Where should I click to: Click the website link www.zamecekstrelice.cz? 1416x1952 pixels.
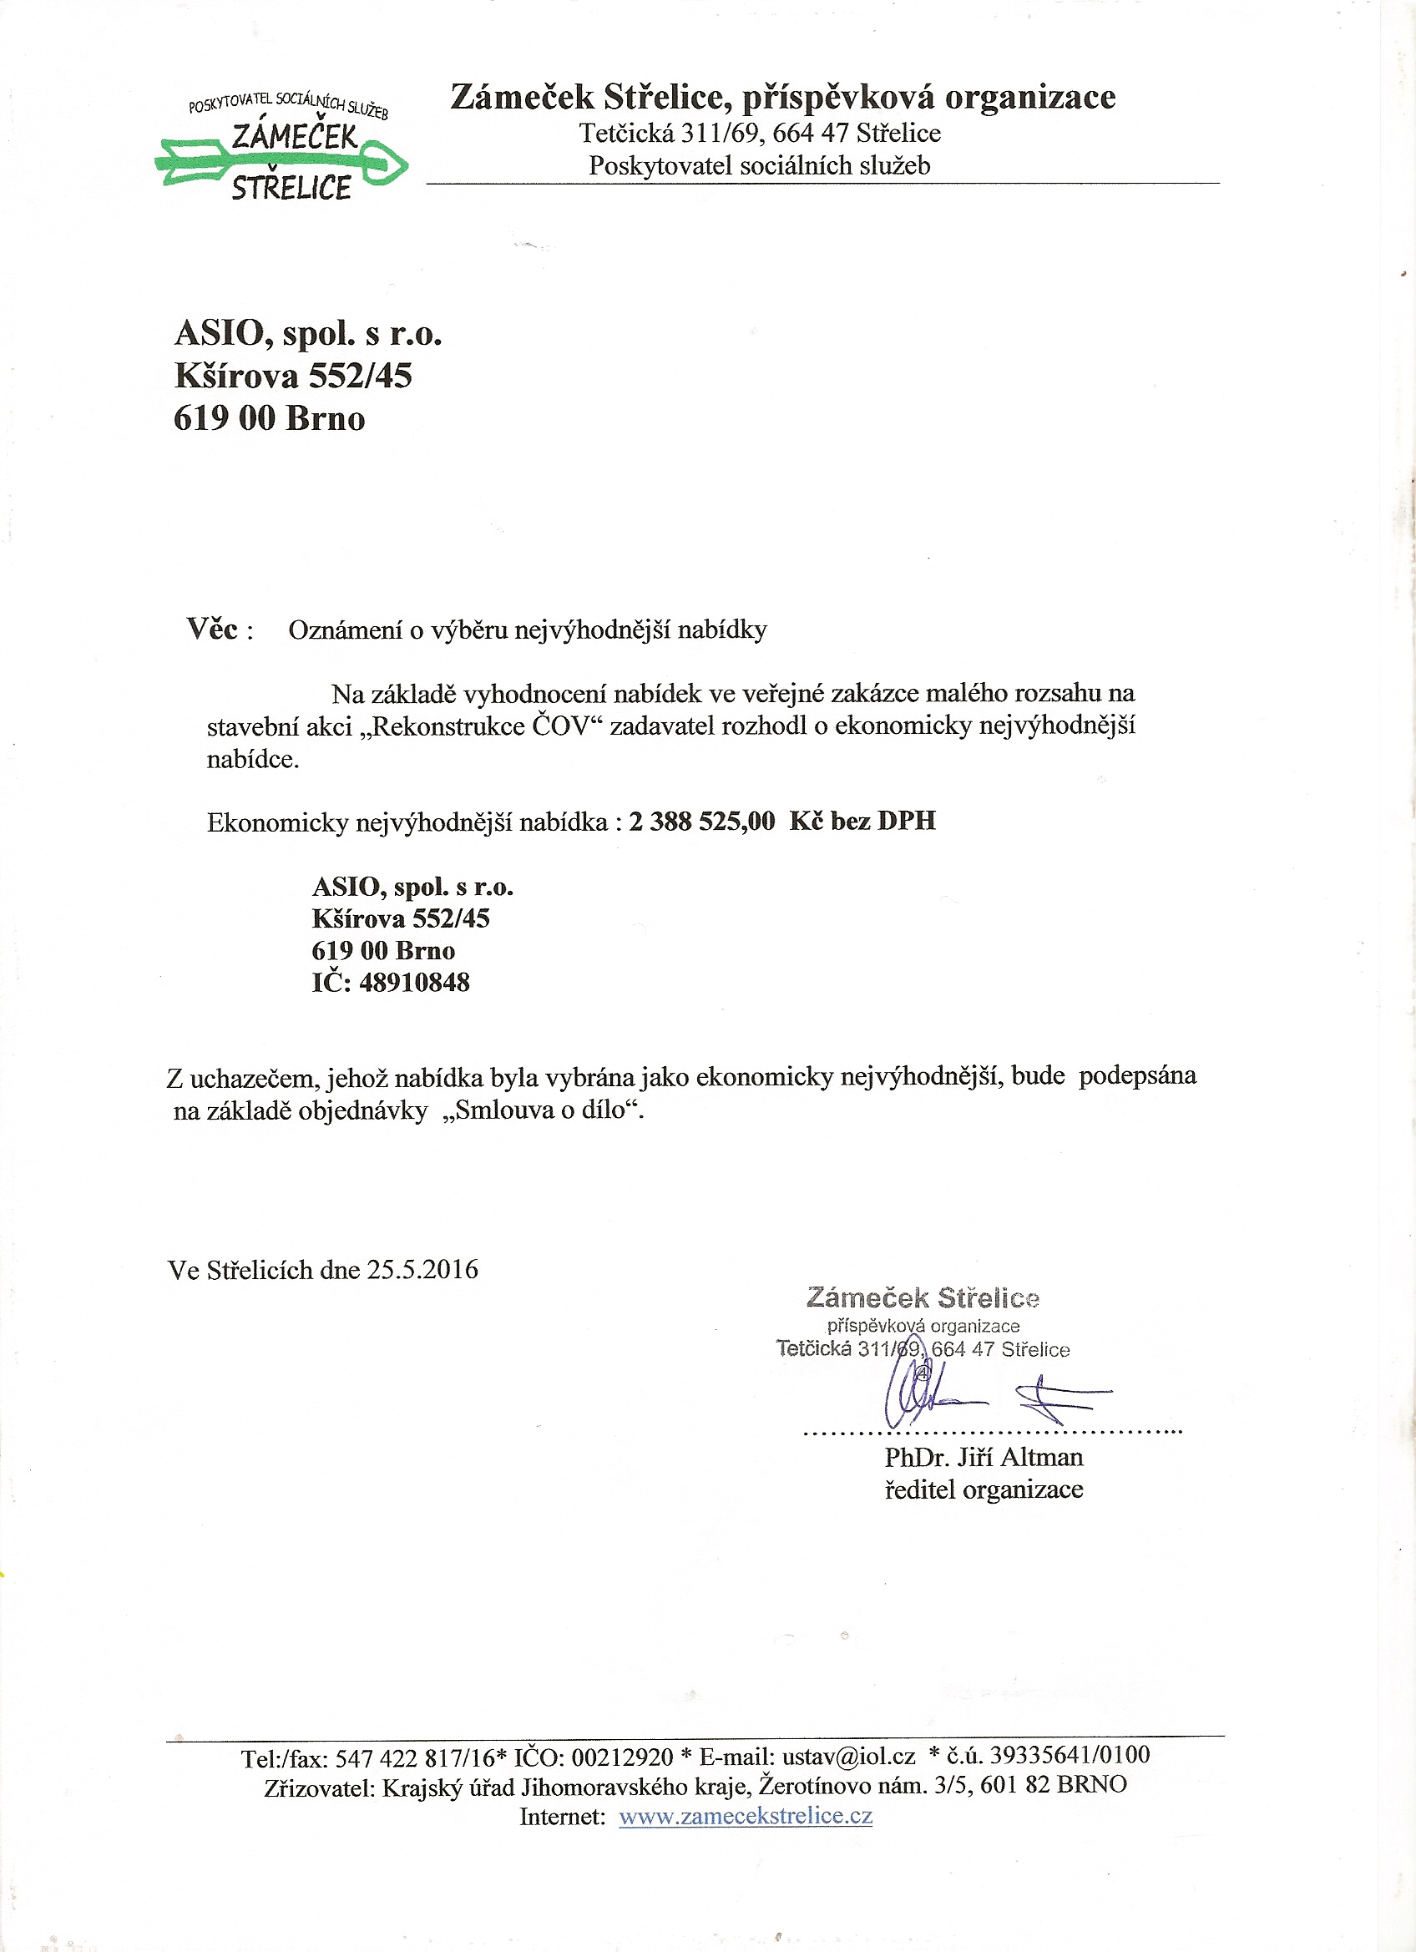click(746, 1815)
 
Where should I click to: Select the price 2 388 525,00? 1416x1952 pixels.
click(701, 821)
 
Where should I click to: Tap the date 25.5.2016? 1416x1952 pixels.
click(422, 1270)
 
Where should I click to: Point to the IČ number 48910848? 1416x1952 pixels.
click(414, 982)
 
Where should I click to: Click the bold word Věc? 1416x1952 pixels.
click(212, 630)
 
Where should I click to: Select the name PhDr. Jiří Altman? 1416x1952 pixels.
click(983, 1457)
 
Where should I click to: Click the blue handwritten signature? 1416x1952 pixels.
click(990, 1396)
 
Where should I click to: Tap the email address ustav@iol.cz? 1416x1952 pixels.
click(848, 1755)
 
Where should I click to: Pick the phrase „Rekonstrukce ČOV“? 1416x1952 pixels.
click(479, 726)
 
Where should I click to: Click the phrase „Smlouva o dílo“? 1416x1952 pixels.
click(543, 1110)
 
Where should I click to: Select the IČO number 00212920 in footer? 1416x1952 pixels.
click(621, 1756)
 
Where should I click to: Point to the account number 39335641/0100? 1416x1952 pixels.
click(1070, 1754)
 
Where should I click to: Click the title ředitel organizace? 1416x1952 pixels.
click(983, 1489)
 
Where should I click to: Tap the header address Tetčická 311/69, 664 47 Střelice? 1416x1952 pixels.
click(759, 134)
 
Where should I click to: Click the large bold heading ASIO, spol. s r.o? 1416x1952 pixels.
click(308, 333)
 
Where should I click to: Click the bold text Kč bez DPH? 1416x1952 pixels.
click(862, 821)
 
